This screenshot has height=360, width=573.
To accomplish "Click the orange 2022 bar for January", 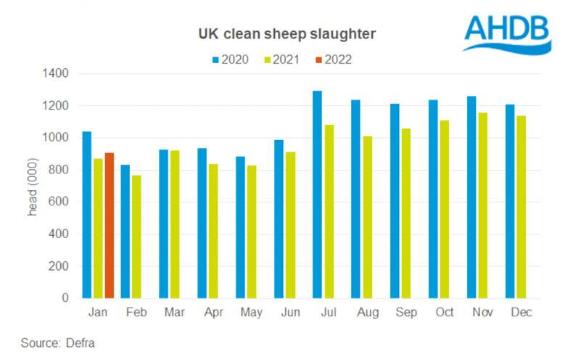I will pyautogui.click(x=109, y=225).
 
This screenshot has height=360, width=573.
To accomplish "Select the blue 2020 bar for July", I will pyautogui.click(x=317, y=195).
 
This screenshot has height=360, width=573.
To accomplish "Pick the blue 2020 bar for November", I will pyautogui.click(x=471, y=197).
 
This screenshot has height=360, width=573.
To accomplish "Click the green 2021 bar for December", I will pyautogui.click(x=522, y=207).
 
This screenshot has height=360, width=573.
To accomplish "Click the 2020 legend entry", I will pyautogui.click(x=231, y=60).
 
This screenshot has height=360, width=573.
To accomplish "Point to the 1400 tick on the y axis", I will pyautogui.click(x=55, y=74).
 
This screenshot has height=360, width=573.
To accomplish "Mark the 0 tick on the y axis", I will pyautogui.click(x=65, y=298).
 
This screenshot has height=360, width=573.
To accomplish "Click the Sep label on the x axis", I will pyautogui.click(x=405, y=312).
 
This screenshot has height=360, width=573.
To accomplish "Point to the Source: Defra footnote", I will pyautogui.click(x=58, y=343).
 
